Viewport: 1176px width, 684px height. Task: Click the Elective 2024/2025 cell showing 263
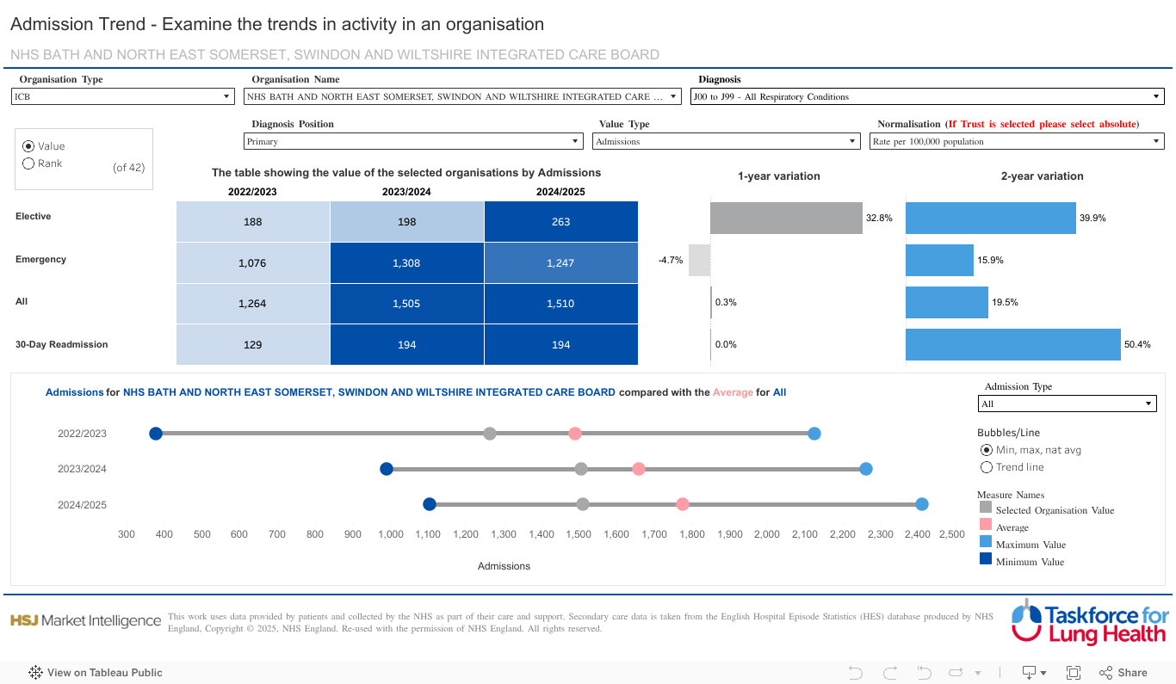pos(561,222)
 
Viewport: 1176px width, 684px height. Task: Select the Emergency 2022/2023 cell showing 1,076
pos(252,263)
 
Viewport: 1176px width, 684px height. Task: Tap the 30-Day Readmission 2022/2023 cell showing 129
pos(252,345)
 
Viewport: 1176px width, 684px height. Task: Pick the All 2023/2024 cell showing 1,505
pos(406,304)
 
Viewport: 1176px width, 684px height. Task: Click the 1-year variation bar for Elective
pos(786,219)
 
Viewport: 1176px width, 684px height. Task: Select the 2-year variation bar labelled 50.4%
pos(1012,345)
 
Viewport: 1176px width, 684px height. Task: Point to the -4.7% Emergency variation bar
pos(700,260)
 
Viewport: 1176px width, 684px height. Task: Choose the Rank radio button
pos(28,163)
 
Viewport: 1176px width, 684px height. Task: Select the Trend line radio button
pos(987,467)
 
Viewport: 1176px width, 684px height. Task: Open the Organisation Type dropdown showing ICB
pos(122,97)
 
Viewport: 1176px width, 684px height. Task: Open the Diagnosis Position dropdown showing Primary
pos(414,142)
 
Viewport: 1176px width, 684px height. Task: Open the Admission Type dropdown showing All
pos(1068,404)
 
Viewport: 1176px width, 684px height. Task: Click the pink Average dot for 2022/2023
pos(575,434)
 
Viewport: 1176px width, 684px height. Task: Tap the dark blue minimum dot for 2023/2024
pos(387,469)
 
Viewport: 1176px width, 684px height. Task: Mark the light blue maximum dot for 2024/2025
pos(922,505)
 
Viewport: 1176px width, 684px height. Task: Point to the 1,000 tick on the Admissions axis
pos(391,534)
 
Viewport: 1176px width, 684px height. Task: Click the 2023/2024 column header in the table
pos(406,192)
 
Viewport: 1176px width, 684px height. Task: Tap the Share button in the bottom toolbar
pos(1123,673)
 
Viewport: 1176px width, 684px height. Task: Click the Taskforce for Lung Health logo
pos(1089,621)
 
